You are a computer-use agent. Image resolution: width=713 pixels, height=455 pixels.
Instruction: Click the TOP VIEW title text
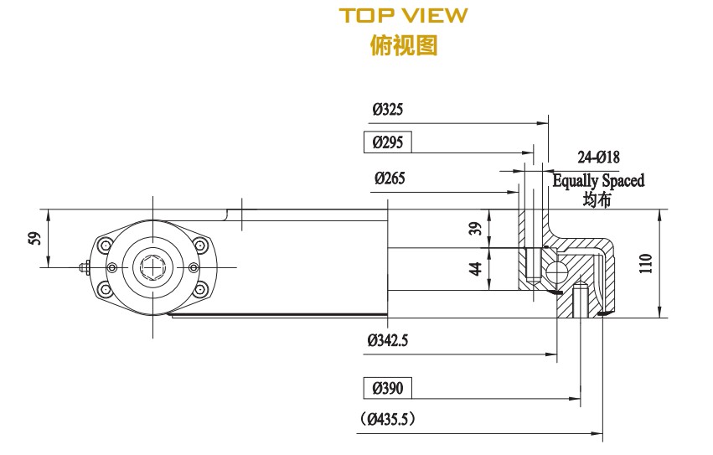coord(403,16)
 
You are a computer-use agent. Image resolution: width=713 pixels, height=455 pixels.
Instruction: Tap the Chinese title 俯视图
coord(403,44)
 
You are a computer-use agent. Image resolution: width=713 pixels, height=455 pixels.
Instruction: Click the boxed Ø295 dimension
coord(387,142)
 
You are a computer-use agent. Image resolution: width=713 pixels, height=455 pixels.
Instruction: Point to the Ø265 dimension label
coord(390,178)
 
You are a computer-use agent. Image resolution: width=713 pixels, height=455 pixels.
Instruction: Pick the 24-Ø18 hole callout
coord(598,158)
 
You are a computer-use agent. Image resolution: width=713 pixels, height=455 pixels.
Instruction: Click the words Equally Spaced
coord(598,180)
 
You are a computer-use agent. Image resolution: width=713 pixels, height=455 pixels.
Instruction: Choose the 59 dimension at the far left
coord(34,238)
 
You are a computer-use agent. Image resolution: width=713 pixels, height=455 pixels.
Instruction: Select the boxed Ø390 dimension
coord(387,388)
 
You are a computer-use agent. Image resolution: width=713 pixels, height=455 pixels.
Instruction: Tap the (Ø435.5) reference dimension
coord(389,418)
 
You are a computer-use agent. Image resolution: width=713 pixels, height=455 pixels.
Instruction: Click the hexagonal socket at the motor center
coord(154,267)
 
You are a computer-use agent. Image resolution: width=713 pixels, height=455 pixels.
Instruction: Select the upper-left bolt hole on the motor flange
coord(105,245)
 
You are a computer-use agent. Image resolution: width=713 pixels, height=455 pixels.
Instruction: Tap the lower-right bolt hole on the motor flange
coord(201,290)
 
